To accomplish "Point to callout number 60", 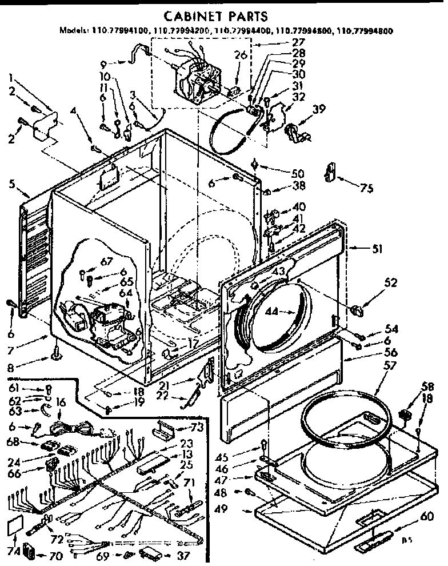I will [x=424, y=518].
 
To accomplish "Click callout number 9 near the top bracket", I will [x=102, y=64].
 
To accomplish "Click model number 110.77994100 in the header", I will [x=115, y=31].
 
